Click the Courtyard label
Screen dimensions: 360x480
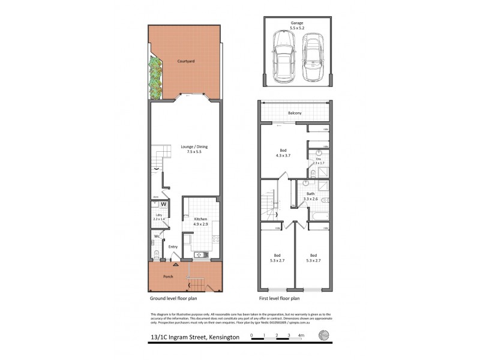tap(184, 61)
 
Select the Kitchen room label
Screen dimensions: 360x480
tap(200, 220)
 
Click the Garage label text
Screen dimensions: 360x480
tap(294, 23)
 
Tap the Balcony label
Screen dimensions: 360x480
tap(294, 113)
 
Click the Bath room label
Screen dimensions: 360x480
tap(310, 194)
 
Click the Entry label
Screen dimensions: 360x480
tap(173, 247)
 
